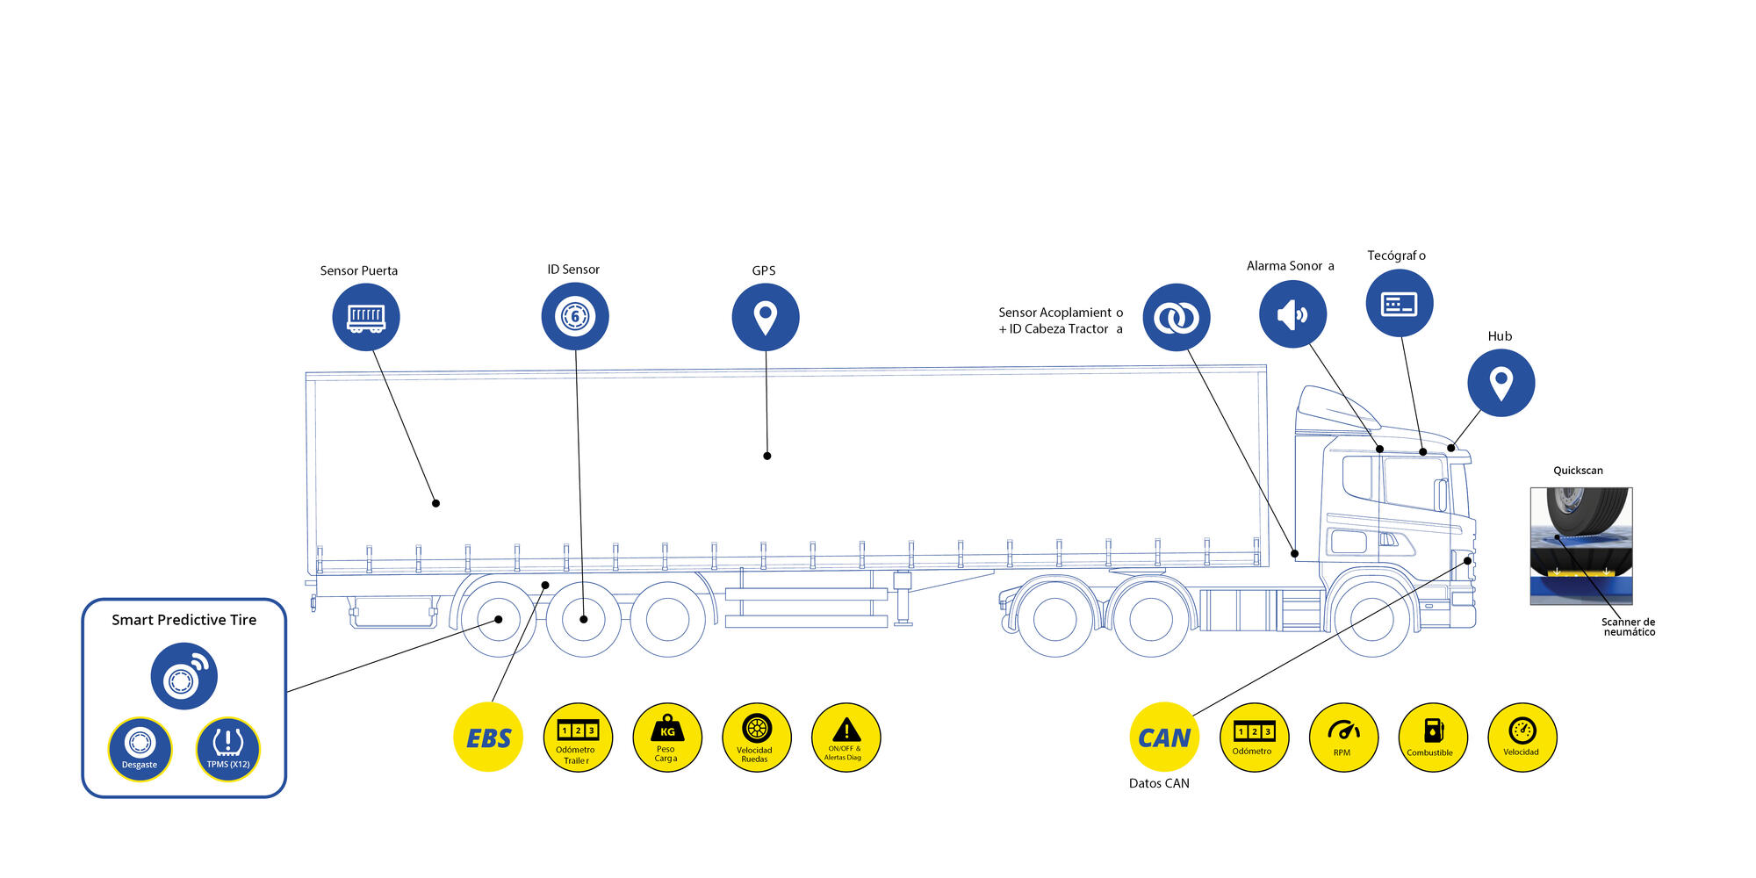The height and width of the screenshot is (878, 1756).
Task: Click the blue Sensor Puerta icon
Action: (x=366, y=317)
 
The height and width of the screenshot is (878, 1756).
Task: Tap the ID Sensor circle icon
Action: (x=575, y=316)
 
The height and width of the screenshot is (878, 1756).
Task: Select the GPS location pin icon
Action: (x=766, y=317)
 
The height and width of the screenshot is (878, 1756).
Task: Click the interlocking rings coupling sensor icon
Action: (x=1177, y=317)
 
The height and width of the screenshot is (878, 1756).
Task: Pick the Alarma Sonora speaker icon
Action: (x=1292, y=314)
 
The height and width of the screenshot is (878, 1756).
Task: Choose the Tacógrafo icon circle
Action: (x=1400, y=303)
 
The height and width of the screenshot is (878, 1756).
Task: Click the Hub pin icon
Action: (x=1501, y=383)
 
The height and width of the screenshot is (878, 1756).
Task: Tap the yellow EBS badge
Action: (x=488, y=738)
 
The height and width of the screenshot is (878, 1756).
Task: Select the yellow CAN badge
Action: (x=1164, y=738)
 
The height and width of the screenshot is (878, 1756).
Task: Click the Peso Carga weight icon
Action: (x=667, y=738)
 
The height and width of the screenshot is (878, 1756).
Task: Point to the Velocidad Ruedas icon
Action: (x=757, y=738)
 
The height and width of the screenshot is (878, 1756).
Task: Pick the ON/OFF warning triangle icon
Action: (x=846, y=738)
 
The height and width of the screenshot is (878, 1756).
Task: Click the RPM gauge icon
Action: (x=1343, y=738)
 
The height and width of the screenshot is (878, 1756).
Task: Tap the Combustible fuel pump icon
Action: (x=1433, y=738)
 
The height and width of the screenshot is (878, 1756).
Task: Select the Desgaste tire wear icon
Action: (x=140, y=749)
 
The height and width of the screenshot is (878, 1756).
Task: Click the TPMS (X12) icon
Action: (x=228, y=749)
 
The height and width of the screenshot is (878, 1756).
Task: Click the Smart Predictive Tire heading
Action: (x=184, y=620)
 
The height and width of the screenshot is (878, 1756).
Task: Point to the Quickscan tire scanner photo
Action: (x=1581, y=546)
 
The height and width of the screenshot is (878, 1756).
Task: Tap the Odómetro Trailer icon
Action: (x=578, y=738)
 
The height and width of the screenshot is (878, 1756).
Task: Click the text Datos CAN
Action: (x=1159, y=783)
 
